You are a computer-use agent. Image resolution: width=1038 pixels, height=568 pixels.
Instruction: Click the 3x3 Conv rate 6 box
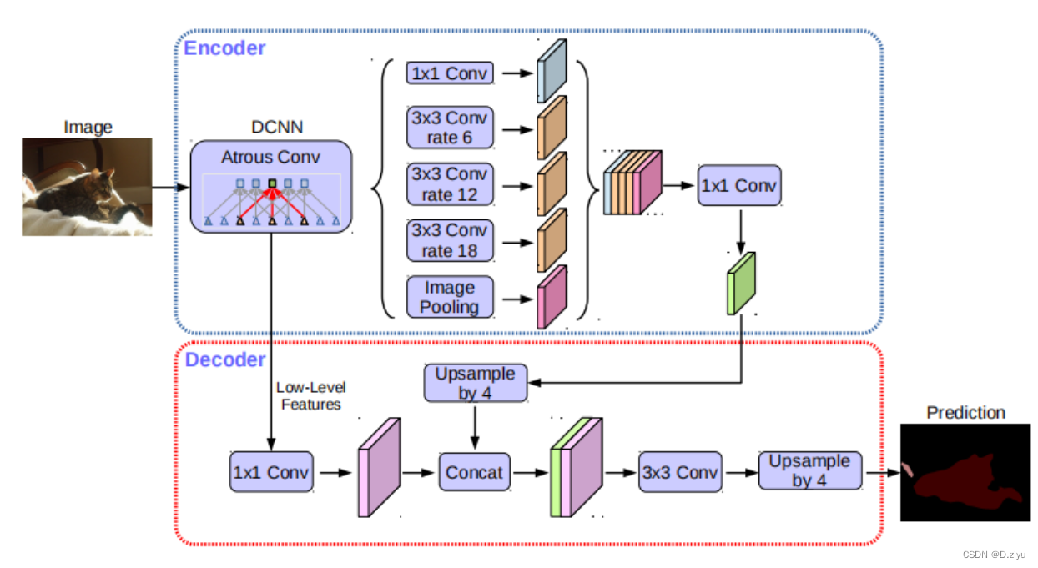pyautogui.click(x=450, y=128)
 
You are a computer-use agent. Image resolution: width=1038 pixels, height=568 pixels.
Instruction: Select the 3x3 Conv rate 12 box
pyautogui.click(x=450, y=184)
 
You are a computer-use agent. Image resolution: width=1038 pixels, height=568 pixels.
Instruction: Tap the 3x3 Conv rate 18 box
pyautogui.click(x=450, y=240)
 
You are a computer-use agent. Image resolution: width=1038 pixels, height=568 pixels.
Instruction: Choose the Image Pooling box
pyautogui.click(x=450, y=297)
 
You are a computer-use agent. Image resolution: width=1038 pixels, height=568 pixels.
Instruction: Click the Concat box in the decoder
pyautogui.click(x=475, y=472)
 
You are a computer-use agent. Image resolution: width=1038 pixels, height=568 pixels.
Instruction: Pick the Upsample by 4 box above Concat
pyautogui.click(x=476, y=383)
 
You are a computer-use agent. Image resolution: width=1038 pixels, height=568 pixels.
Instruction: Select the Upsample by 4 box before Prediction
pyautogui.click(x=810, y=470)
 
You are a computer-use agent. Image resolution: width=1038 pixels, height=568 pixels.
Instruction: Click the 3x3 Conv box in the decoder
pyautogui.click(x=680, y=472)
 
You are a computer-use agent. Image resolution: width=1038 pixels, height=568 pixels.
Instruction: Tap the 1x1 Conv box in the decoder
pyautogui.click(x=271, y=472)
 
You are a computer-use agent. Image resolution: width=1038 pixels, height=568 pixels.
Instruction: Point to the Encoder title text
pyautogui.click(x=224, y=48)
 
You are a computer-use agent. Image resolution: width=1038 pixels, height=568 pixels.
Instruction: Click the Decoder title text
pyautogui.click(x=225, y=360)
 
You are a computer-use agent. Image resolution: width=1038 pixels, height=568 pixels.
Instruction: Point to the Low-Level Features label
pyautogui.click(x=311, y=395)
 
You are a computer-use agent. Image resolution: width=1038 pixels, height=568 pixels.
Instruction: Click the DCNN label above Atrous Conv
pyautogui.click(x=277, y=127)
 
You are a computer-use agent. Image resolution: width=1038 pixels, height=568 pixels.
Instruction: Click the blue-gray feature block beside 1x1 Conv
pyautogui.click(x=552, y=71)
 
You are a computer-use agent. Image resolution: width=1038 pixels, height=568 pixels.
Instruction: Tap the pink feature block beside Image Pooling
pyautogui.click(x=552, y=297)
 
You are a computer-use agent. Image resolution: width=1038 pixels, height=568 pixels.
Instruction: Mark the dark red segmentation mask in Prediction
pyautogui.click(x=967, y=482)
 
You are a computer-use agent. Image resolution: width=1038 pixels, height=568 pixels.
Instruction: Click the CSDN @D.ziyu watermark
pyautogui.click(x=994, y=555)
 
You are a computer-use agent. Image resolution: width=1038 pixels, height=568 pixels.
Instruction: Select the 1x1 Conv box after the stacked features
pyautogui.click(x=739, y=185)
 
